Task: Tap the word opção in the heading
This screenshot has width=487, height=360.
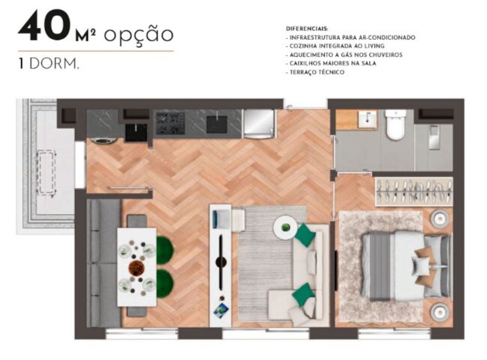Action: point(138,35)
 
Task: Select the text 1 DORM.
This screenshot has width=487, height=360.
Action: point(49,64)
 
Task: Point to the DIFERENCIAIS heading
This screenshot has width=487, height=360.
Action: point(307,29)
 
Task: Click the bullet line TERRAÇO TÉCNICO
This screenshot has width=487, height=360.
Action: point(315,72)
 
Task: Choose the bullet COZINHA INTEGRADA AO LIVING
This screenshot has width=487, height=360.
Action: point(335,46)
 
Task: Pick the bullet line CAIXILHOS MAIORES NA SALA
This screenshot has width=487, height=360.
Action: point(331,64)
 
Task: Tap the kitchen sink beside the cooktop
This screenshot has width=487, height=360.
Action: point(216,124)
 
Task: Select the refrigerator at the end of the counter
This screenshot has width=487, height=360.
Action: point(259,124)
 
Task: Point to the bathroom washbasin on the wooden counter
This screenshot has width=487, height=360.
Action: point(367,119)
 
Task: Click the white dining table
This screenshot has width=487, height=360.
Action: point(137,267)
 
